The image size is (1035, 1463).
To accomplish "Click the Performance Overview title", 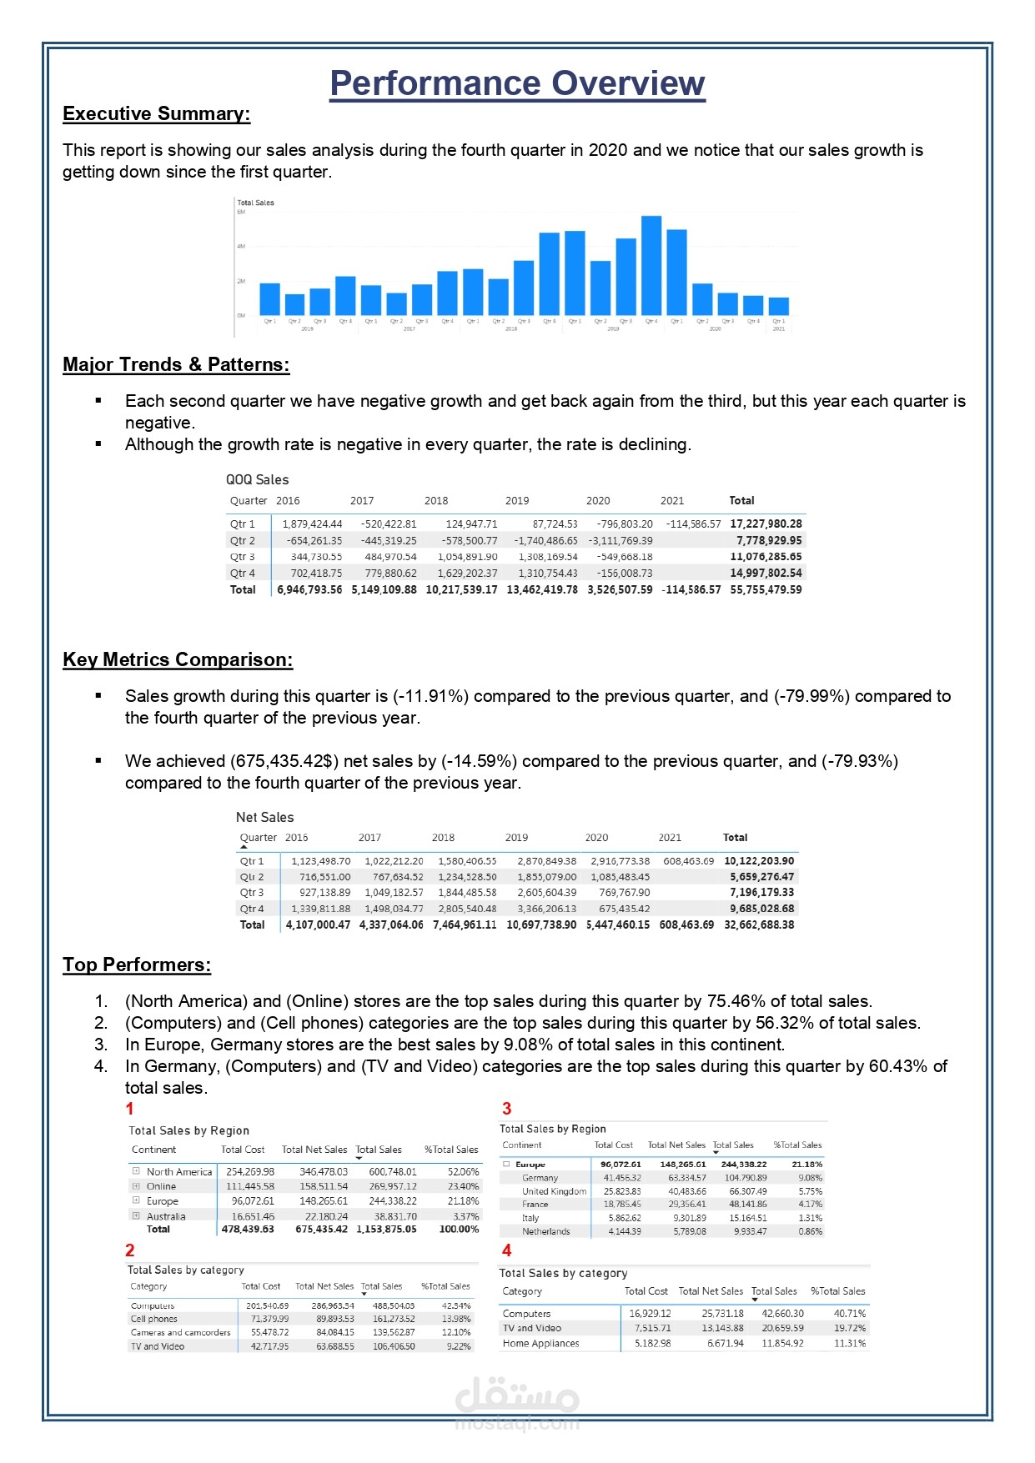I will coord(517,83).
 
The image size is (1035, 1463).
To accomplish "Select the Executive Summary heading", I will coord(156,114).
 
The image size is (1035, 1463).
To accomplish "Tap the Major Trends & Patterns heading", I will coord(176,365).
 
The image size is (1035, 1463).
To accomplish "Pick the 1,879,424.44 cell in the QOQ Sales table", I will coord(312,524).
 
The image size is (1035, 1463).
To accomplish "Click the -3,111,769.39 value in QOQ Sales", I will coord(620,541).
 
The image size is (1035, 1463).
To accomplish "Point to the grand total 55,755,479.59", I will coord(766,589).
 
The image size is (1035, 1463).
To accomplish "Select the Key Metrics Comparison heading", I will coord(178,660).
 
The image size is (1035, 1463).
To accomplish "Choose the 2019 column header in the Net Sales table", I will coord(516,838).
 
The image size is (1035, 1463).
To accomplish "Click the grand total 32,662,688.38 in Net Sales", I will coord(759,924).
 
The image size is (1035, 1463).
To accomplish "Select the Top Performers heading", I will coord(137,965).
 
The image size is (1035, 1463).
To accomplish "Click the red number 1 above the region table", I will coord(129,1109).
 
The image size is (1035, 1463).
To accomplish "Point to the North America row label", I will coord(179,1172).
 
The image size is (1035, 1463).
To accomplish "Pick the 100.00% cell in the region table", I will coord(459,1230).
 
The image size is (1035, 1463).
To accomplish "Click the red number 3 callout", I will coord(506,1109).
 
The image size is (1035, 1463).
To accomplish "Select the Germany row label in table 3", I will coord(540,1178).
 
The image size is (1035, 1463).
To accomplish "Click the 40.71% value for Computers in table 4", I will coord(850,1314).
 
